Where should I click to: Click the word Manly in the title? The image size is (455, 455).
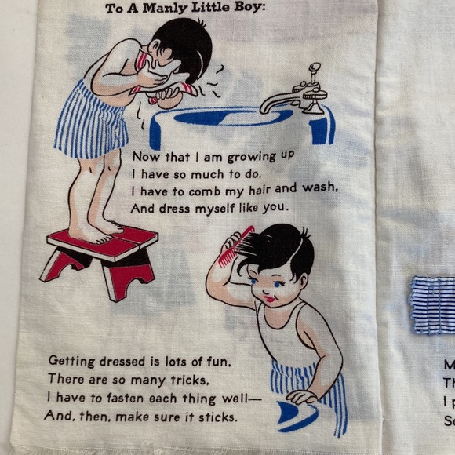click(169, 9)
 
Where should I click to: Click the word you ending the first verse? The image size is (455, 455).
click(276, 208)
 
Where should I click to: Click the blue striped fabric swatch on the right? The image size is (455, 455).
click(433, 305)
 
